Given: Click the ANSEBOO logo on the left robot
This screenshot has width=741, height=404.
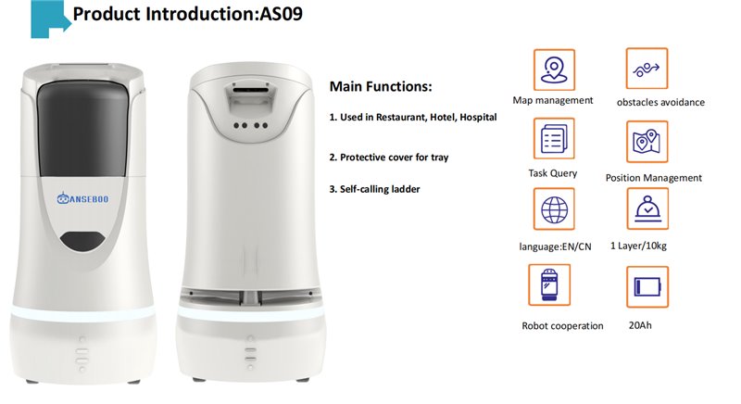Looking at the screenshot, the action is tap(82, 198).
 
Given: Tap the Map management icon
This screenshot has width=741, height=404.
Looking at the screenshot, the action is tap(554, 69).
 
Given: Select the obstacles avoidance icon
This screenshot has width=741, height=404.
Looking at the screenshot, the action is tap(647, 69).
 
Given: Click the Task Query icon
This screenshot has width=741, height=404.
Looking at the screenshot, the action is tap(554, 138).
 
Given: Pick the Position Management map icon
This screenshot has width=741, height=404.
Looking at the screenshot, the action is tap(647, 141).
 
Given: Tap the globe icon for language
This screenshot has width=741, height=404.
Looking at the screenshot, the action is tap(554, 208).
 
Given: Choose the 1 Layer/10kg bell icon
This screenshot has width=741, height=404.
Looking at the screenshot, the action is tap(647, 208).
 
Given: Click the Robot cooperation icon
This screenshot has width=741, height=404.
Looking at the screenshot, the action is tap(549, 284).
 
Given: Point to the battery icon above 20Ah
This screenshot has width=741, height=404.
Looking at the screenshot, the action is tap(647, 287).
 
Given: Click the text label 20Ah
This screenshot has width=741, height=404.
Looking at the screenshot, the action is tap(640, 325).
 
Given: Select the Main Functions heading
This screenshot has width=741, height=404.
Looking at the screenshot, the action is tap(381, 86).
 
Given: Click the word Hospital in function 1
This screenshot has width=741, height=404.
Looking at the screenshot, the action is tap(478, 117).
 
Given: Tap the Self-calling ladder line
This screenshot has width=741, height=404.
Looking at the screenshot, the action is tap(375, 189).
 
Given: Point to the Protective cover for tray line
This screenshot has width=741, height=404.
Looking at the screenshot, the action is tap(389, 158).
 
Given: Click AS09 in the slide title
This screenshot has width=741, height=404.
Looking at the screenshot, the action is tap(282, 14).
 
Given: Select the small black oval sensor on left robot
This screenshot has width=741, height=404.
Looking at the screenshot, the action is tap(82, 241).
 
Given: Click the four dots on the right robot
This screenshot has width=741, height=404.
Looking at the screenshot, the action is tap(251, 126).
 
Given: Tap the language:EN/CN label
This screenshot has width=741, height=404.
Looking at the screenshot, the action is tap(555, 246).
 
